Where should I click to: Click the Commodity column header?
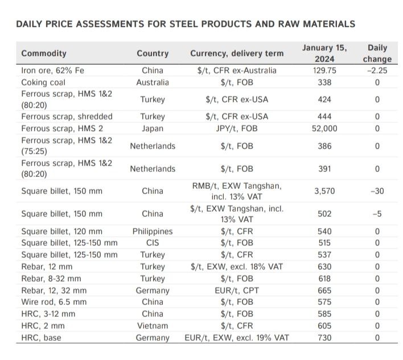44,53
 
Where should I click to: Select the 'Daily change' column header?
377,53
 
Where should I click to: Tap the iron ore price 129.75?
324,71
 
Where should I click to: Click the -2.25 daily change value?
377,71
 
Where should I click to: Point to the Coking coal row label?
43,82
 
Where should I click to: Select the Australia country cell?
153,82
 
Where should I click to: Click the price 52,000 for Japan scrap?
324,129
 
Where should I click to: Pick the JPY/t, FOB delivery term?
237,129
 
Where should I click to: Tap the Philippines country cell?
153,231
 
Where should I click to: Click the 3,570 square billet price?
324,191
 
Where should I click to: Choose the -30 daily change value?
377,191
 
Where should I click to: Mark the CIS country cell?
153,243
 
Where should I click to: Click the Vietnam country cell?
153,326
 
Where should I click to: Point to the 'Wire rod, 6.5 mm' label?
54,302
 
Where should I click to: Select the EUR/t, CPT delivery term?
237,291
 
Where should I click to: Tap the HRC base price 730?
324,338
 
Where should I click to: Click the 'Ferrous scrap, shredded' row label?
67,117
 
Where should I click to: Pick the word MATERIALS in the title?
329,24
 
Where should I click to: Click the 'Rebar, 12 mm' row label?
47,267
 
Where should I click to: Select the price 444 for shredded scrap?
324,117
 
